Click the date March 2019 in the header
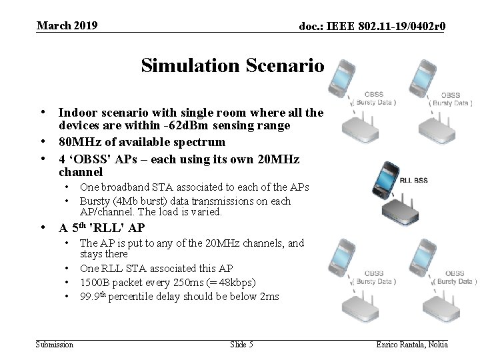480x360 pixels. pyautogui.click(x=67, y=26)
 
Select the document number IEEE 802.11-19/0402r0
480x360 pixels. pyautogui.click(x=372, y=27)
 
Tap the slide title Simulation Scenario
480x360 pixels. pyautogui.click(x=232, y=65)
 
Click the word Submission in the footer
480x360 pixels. pyautogui.click(x=54, y=344)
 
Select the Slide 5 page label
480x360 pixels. pyautogui.click(x=241, y=344)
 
